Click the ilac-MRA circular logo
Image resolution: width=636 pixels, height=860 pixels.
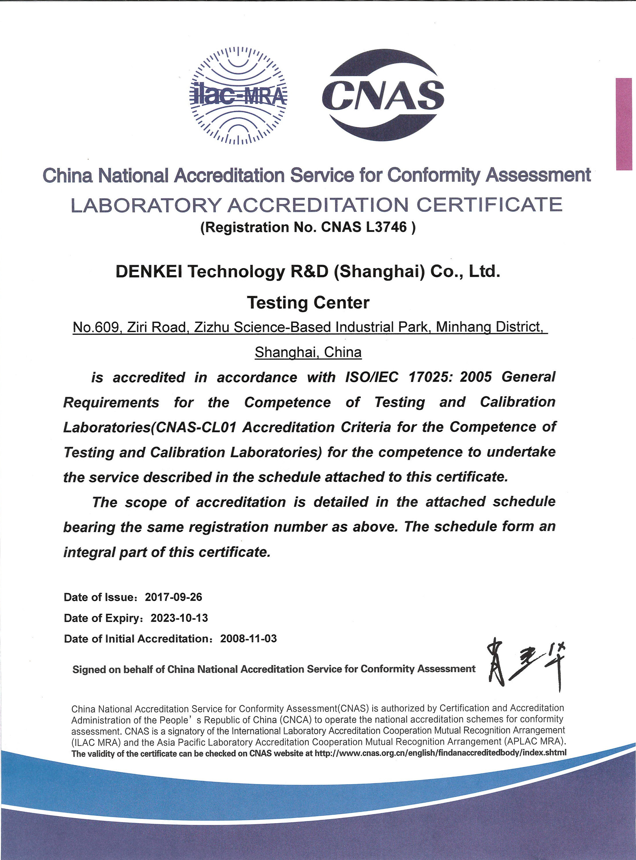238,96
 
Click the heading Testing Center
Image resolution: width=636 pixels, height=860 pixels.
308,302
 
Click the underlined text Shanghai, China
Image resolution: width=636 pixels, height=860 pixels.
308,352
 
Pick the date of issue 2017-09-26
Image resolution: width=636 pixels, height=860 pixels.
173,597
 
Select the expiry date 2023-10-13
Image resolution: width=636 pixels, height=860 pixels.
179,618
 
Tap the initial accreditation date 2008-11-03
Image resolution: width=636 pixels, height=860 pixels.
248,639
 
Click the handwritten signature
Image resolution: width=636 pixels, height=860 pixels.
525,665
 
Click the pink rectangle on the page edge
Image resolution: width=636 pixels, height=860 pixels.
624,124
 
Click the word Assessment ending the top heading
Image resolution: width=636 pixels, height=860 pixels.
538,175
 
